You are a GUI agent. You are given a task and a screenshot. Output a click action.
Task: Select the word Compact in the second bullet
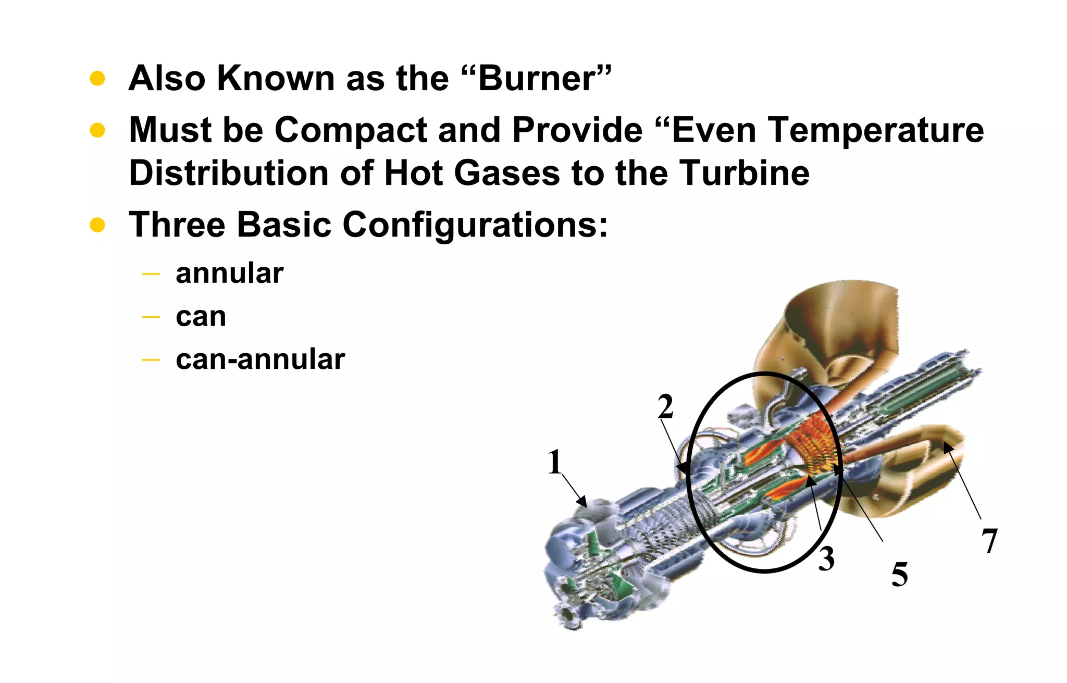(351, 130)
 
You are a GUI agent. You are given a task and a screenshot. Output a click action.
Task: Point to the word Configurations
(475, 225)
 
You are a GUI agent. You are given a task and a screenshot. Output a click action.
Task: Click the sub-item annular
(229, 274)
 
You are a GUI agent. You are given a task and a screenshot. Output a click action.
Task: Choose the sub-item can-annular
(260, 359)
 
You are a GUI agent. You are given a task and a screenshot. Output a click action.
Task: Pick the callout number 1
(555, 462)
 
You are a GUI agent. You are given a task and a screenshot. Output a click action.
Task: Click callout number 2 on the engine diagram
(665, 406)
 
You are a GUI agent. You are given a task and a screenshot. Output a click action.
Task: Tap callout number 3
(826, 559)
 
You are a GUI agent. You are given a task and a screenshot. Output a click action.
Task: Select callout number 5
(900, 575)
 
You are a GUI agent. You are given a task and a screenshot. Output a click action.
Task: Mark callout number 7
(989, 541)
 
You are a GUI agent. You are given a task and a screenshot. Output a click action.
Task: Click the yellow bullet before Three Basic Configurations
(97, 225)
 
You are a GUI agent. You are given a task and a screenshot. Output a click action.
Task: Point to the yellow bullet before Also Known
(97, 79)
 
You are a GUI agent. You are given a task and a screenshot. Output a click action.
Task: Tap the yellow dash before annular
(151, 274)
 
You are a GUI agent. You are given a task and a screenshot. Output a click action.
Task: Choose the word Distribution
(228, 173)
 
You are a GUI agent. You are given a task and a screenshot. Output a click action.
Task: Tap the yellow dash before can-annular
(151, 359)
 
